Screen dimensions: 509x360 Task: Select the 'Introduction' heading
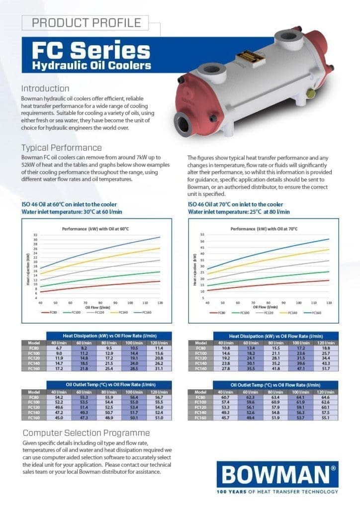(45, 88)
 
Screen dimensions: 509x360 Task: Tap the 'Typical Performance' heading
(62, 148)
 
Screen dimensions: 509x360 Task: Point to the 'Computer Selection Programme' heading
(86, 432)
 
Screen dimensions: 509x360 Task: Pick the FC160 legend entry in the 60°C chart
(148, 312)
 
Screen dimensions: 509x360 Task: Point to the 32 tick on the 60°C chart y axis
(35, 235)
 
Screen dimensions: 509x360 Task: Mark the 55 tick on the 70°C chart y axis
(202, 234)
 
